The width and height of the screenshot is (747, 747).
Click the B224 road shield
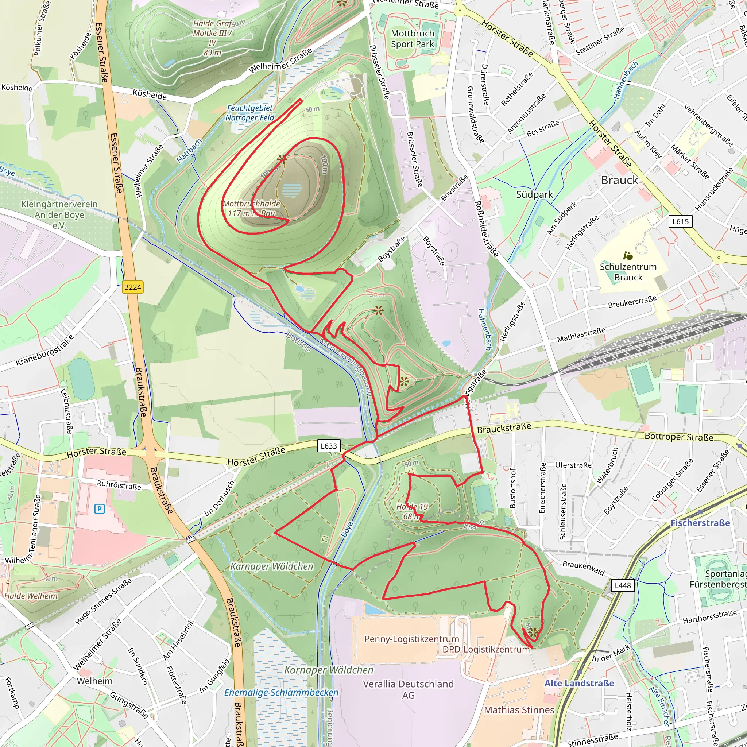pos(133,287)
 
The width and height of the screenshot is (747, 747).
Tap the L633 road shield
pos(329,446)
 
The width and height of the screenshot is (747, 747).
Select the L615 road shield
pos(681,221)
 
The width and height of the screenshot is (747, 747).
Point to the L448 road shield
pos(623,585)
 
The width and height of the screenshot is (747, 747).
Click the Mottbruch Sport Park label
pos(413,39)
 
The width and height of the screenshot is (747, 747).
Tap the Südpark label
pos(535,194)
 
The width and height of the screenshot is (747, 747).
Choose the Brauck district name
pos(619,180)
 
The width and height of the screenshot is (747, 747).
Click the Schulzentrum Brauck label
pos(628,272)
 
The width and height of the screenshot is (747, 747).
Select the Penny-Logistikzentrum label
pos(412,639)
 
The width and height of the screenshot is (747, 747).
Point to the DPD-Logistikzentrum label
pos(486,650)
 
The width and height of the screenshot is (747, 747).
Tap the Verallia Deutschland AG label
pos(408,689)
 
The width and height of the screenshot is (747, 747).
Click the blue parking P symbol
pos(99,509)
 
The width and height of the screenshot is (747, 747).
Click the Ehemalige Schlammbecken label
pos(281,693)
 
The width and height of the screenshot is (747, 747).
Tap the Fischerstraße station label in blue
pos(700,523)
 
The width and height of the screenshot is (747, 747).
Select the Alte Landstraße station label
pos(579,683)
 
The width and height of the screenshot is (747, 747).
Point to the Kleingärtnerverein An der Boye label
pos(59,214)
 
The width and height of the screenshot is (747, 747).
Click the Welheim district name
pos(95,681)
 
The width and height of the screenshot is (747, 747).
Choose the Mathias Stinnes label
pos(519,710)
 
